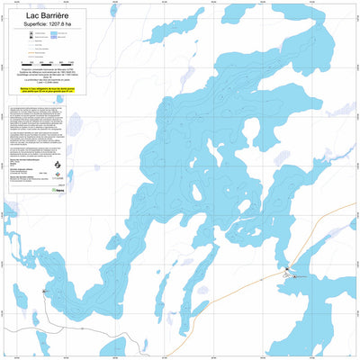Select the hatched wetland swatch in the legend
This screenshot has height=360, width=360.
click(67, 41)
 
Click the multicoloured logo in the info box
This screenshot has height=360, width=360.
click(84, 176)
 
